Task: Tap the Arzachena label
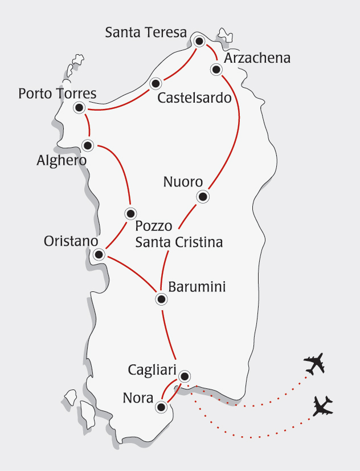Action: pyautogui.click(x=257, y=58)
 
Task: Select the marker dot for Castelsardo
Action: pyautogui.click(x=156, y=84)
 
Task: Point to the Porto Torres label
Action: pyautogui.click(x=57, y=93)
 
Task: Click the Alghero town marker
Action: pyautogui.click(x=88, y=145)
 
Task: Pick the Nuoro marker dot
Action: pyautogui.click(x=202, y=197)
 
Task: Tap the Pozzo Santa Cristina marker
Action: pyautogui.click(x=130, y=214)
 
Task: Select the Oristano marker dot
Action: pyautogui.click(x=99, y=254)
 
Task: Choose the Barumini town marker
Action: pyautogui.click(x=162, y=299)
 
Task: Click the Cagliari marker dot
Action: pyautogui.click(x=185, y=376)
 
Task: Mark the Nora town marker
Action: pyautogui.click(x=162, y=407)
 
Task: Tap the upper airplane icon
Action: pyautogui.click(x=314, y=364)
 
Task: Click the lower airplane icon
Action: pyautogui.click(x=323, y=407)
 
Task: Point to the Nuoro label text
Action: pyautogui.click(x=183, y=182)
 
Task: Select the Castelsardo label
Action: pyautogui.click(x=194, y=98)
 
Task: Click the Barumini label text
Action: pyautogui.click(x=197, y=287)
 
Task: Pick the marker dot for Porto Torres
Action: pyautogui.click(x=79, y=107)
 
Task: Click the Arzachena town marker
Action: pyautogui.click(x=216, y=70)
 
